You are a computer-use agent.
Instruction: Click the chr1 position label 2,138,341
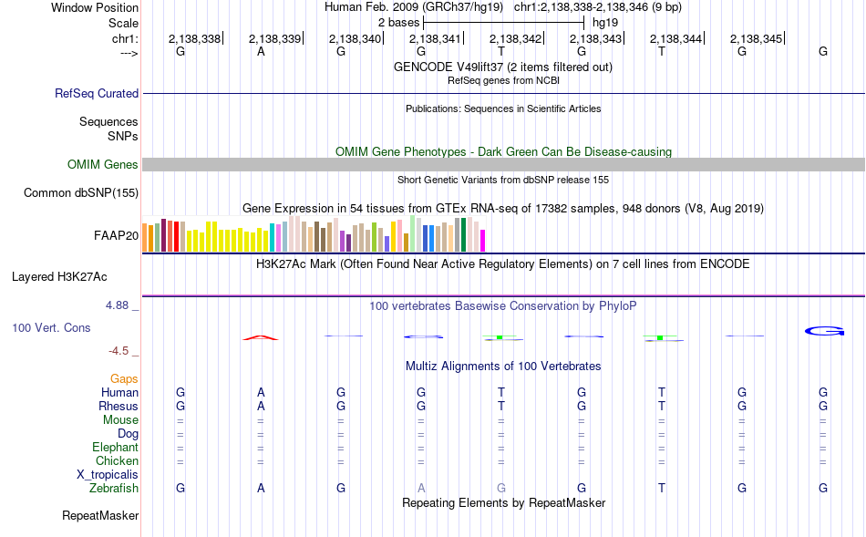pos(435,38)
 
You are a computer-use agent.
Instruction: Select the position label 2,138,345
pos(756,38)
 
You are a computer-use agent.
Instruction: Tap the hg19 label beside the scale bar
pos(604,23)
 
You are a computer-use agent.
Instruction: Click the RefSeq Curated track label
pos(97,93)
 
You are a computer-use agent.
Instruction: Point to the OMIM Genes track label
pos(103,165)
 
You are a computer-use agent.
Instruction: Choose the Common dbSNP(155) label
pos(81,192)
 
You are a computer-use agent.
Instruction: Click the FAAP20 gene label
pos(116,236)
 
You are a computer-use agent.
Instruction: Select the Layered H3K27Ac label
pos(59,277)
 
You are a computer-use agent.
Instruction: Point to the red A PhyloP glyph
pos(261,337)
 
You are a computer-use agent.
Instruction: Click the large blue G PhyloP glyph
pos(824,331)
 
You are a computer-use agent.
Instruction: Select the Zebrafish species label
pos(114,489)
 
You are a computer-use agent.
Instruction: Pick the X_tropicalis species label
pos(108,475)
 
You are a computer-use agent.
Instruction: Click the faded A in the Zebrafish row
pos(421,488)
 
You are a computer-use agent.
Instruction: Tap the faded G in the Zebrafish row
pos(501,488)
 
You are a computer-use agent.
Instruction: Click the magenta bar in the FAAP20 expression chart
pos(483,241)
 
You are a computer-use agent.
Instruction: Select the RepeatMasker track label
pos(100,516)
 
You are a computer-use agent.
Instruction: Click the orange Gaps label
pos(124,379)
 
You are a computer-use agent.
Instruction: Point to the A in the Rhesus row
pos(261,406)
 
